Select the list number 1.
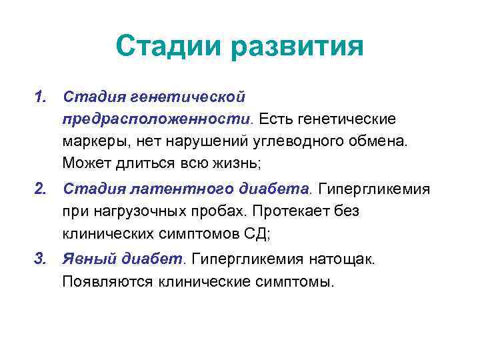coord(42,97)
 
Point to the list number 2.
coord(42,189)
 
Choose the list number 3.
coord(42,259)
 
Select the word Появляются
coord(107,281)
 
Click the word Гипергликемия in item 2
coord(374,189)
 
